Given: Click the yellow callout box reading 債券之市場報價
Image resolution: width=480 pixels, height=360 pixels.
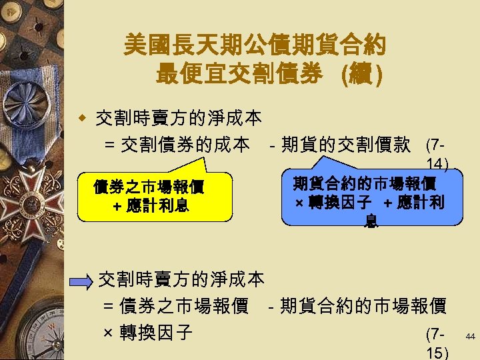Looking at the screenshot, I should pos(155,197).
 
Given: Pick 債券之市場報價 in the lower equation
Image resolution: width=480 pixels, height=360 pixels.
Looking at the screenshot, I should pos(183,307).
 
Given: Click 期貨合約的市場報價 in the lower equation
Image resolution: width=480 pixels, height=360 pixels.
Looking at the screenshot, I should pos(363,307).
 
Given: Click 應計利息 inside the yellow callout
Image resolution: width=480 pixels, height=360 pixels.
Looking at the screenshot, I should pos(160,206).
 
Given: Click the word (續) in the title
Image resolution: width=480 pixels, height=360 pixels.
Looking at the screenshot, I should pos(361,74).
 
